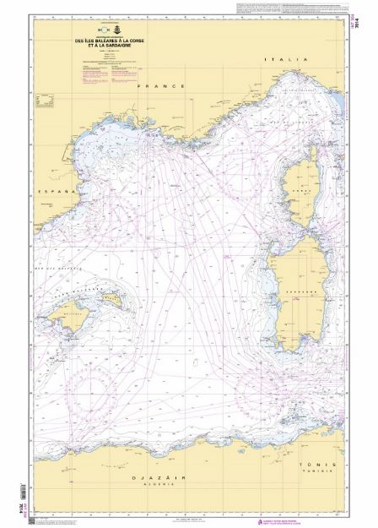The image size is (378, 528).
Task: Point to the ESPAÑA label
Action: click(57, 193)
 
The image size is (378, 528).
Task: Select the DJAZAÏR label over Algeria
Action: click(153, 478)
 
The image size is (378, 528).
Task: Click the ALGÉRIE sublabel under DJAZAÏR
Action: click(153, 486)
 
